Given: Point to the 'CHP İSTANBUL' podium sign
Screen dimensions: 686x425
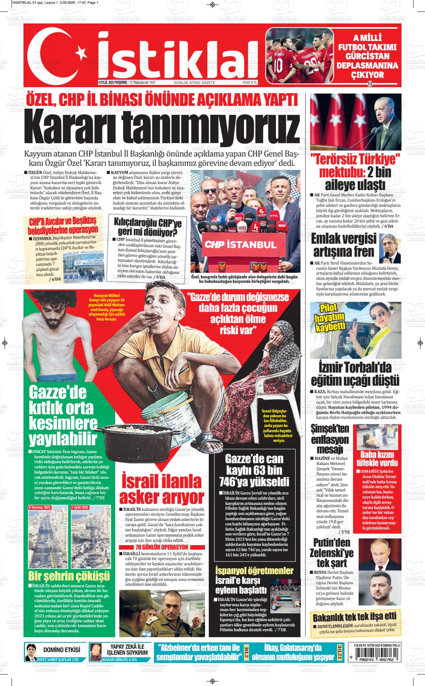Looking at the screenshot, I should pyautogui.click(x=240, y=244).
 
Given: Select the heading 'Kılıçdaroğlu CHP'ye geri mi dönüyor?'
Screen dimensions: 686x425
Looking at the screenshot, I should pyautogui.click(x=147, y=228).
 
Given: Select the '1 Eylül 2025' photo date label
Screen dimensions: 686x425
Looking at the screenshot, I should pyautogui.click(x=80, y=508).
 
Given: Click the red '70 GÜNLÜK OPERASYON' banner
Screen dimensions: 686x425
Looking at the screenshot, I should pyautogui.click(x=162, y=547).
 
